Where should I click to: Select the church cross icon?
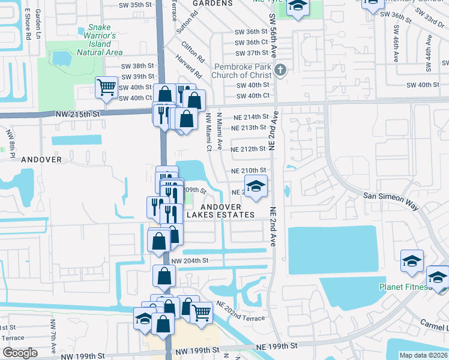pos(280,71)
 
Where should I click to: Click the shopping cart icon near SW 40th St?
pos(106,88)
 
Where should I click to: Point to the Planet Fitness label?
pos(405,286)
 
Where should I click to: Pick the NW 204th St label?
pos(189,260)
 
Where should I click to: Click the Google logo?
pos(20,353)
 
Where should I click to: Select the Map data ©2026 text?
pos(424,355)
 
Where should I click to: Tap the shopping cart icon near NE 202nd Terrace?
pos(201,312)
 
